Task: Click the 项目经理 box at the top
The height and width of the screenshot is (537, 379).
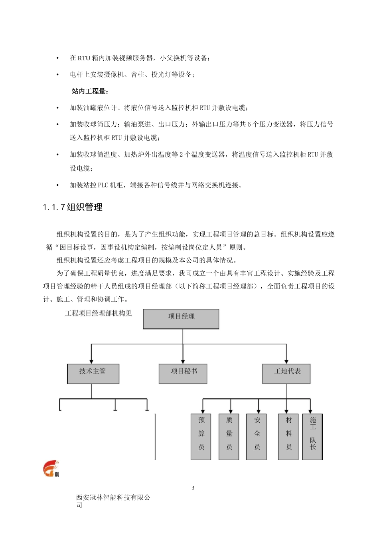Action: [181, 318]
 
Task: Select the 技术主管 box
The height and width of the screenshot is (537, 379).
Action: [93, 373]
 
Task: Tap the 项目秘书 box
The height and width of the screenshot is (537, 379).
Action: [183, 373]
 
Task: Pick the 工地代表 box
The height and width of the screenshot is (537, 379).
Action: [286, 373]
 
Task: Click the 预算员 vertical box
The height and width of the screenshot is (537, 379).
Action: [201, 436]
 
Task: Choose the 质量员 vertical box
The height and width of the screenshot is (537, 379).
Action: [229, 436]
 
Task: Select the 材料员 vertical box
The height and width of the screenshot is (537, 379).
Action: [288, 436]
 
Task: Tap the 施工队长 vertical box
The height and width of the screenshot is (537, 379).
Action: [312, 436]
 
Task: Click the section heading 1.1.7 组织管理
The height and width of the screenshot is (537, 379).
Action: [73, 207]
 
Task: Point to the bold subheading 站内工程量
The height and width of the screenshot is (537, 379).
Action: [89, 91]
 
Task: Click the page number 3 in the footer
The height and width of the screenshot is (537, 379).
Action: [193, 487]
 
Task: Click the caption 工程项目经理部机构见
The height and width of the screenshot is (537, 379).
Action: [98, 313]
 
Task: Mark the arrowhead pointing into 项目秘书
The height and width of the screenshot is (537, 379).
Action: [183, 361]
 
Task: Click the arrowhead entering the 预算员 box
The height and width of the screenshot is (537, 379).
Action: [203, 411]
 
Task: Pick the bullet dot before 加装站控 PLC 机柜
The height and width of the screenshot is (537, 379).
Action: [58, 185]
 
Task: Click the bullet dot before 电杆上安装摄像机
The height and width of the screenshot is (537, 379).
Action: [58, 75]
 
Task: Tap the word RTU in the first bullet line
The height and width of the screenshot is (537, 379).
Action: [84, 58]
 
